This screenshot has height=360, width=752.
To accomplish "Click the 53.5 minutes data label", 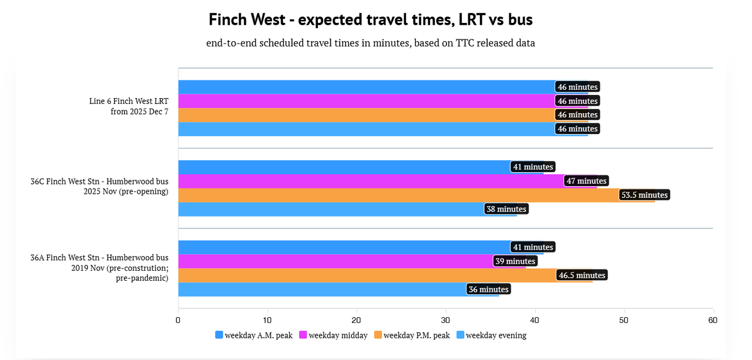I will [644, 195].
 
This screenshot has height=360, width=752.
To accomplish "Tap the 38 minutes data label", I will [506, 209].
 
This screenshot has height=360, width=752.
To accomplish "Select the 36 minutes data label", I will [489, 289].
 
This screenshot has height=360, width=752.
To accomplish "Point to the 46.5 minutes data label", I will [582, 275].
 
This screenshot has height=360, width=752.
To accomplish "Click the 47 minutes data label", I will [586, 181].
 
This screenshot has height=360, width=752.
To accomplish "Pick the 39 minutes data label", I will [515, 261].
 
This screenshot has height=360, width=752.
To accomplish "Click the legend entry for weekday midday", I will [333, 335].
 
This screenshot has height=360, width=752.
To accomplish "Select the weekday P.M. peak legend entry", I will [412, 335].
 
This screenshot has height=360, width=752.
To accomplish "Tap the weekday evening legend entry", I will [491, 335].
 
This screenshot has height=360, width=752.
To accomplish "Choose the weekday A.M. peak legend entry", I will [254, 335].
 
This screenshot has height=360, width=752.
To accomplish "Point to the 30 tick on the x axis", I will [446, 320].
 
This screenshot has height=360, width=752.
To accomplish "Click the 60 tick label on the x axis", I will [713, 320].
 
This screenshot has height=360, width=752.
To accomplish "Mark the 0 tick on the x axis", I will [178, 320].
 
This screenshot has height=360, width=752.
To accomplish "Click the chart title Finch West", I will [370, 19].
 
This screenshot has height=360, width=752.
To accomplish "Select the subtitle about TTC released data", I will [370, 43].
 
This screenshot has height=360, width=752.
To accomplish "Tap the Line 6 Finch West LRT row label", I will [129, 106].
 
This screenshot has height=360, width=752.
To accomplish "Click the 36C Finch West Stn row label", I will [99, 186].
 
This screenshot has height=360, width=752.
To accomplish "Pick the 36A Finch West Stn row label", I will [99, 268].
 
